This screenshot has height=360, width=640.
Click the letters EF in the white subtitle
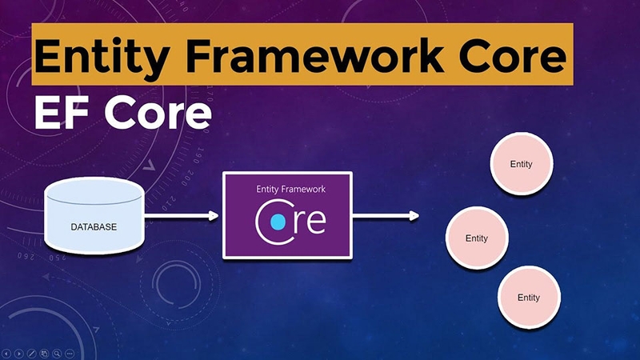[59, 114]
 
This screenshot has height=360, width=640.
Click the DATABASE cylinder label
[94, 227]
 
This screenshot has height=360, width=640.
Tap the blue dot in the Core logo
[278, 220]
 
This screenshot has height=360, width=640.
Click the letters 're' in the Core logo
[309, 221]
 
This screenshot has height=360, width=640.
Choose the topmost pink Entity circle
[521, 164]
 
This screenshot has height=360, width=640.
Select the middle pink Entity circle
[476, 238]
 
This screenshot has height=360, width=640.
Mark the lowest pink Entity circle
[528, 297]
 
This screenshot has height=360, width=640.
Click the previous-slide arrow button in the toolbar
[6, 353]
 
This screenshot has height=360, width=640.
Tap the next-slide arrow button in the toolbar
[18, 353]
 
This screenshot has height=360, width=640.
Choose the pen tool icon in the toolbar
[31, 353]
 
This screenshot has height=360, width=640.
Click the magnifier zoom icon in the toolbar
[57, 353]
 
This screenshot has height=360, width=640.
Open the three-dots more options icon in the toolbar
[70, 353]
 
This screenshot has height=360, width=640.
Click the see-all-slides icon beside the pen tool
[44, 353]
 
